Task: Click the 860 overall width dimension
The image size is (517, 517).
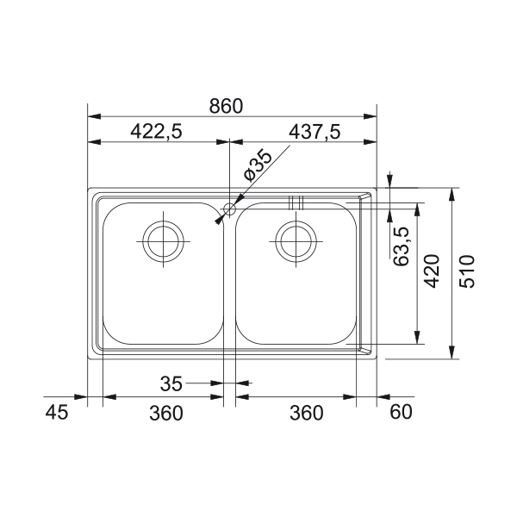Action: tap(226, 106)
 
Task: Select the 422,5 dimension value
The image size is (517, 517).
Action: tap(156, 131)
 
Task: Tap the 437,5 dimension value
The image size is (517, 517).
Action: tap(315, 132)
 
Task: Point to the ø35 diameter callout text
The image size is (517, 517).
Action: tap(258, 165)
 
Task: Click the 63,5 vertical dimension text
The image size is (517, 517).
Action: tap(402, 246)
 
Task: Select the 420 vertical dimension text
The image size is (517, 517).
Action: tap(432, 271)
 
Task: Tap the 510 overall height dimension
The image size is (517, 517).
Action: tap(467, 271)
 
